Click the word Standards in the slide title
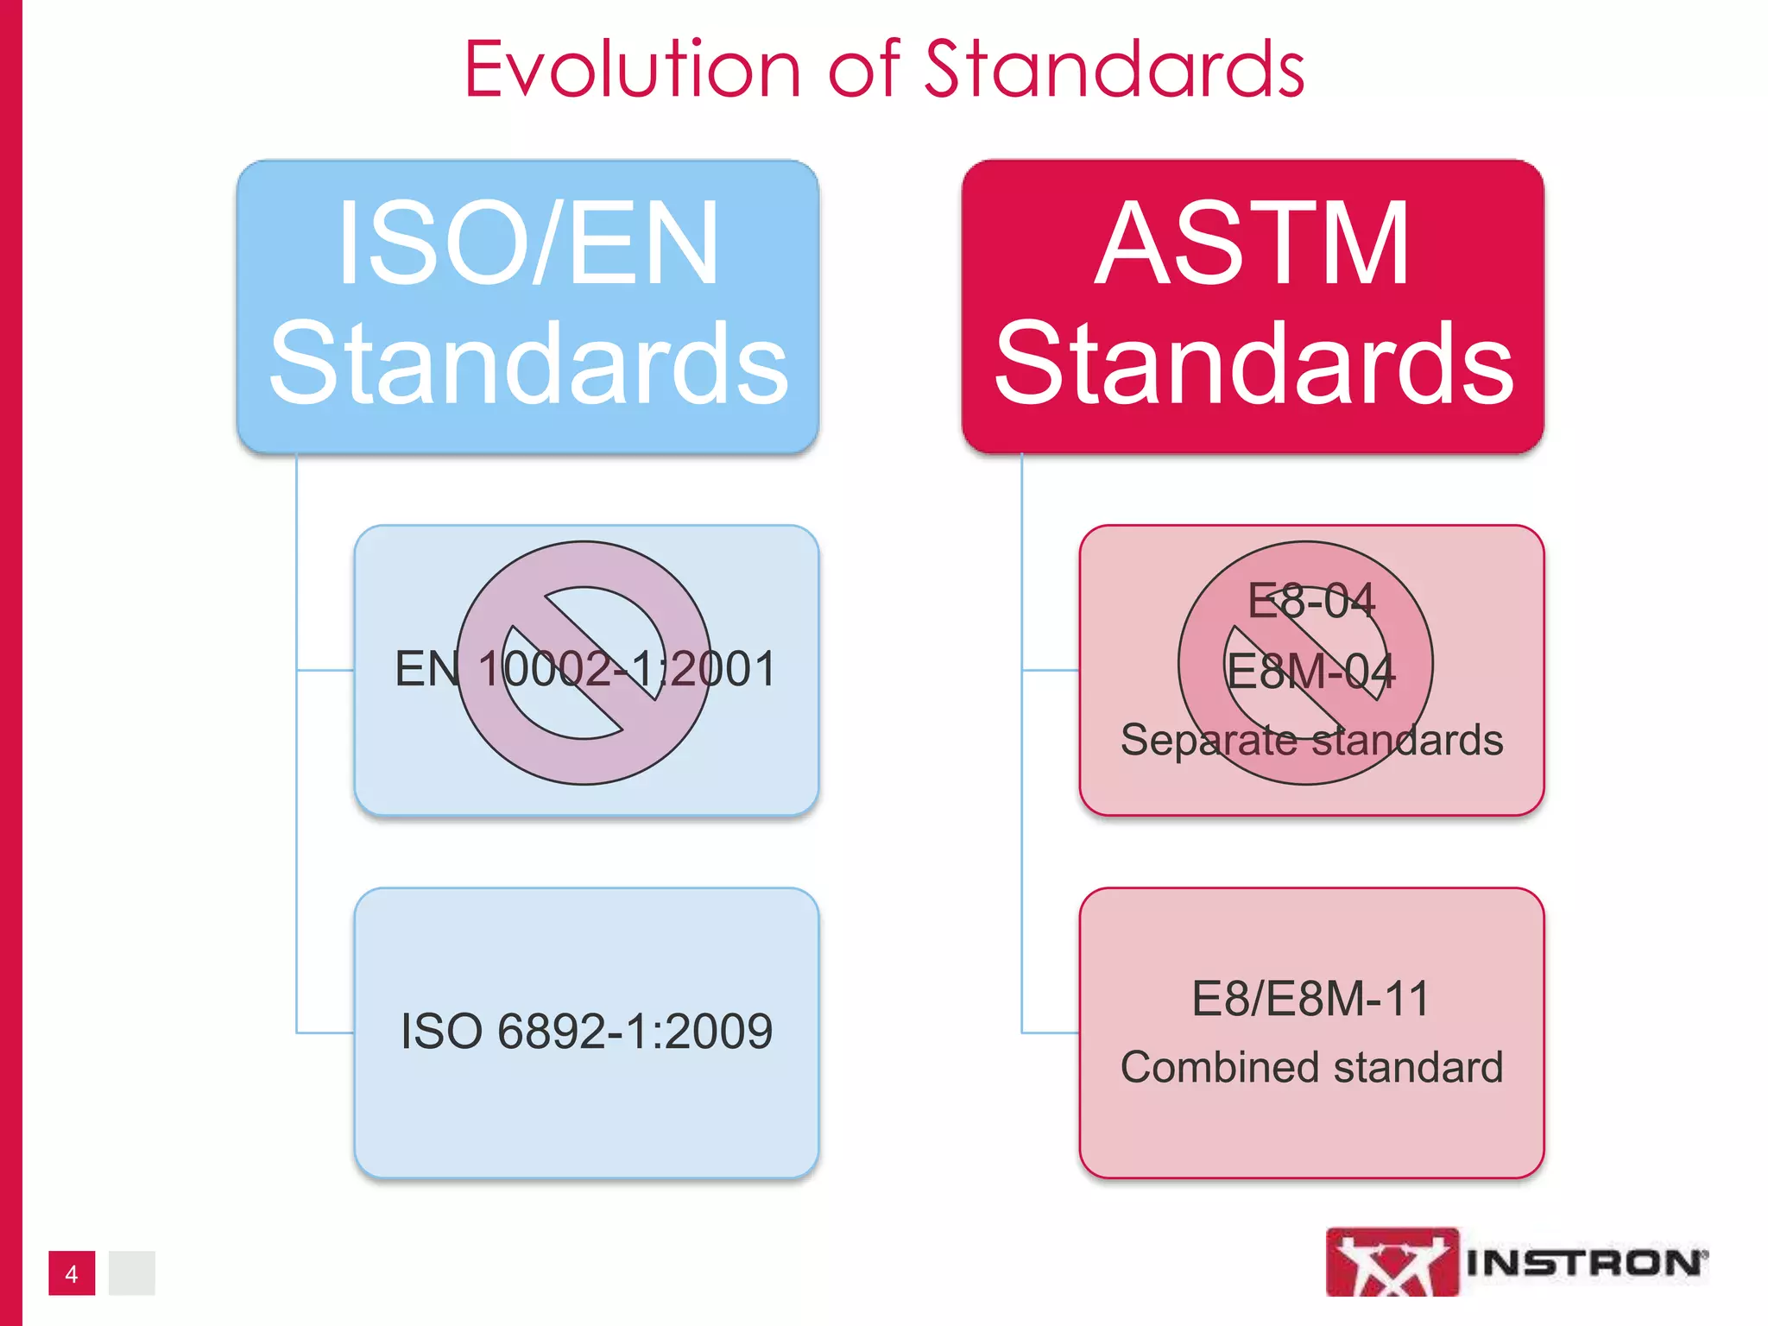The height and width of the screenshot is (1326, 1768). (1114, 69)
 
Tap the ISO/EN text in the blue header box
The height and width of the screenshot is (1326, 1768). (527, 243)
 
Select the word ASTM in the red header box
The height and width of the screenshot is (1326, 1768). (1253, 243)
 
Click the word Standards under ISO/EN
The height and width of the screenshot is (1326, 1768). (528, 363)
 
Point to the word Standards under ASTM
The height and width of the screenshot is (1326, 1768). (1253, 363)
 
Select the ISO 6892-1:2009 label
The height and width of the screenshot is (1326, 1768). (586, 1032)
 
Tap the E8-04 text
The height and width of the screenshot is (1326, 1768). (1311, 601)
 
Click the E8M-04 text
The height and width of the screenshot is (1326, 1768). (1311, 672)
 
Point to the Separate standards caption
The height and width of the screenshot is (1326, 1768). (1311, 741)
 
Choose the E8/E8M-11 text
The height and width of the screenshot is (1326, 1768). (1311, 999)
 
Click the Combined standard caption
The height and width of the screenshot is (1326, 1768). (1311, 1068)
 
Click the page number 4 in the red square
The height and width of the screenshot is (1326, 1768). (72, 1273)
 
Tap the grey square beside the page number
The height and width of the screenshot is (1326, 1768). (131, 1273)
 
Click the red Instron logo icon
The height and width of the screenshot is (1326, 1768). (1392, 1262)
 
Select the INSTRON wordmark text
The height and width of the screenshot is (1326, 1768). (1585, 1263)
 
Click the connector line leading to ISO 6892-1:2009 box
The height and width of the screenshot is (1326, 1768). (324, 1032)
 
